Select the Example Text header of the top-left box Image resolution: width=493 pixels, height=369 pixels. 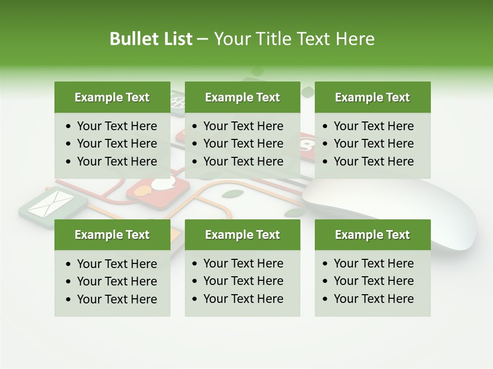112,97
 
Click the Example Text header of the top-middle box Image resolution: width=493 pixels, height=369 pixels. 242,97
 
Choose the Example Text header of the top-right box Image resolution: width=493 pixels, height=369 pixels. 372,97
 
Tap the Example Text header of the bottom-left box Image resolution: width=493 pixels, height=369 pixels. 112,235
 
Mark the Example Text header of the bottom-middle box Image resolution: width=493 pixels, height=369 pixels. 242,235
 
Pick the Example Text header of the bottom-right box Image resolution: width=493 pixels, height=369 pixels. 372,235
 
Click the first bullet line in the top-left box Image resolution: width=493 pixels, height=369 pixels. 117,126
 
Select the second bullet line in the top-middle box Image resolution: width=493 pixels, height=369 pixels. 243,143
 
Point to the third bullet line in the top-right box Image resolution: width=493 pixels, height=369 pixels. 373,161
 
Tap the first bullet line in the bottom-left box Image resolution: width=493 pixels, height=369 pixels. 117,264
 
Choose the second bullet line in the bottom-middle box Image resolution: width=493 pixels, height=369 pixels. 243,281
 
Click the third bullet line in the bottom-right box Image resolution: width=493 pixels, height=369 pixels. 373,299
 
